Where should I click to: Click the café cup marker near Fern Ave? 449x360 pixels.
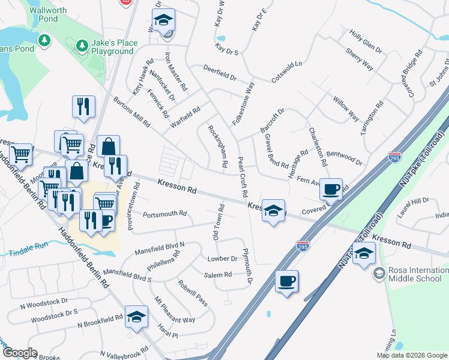331,190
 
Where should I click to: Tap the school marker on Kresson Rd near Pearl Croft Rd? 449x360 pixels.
273,211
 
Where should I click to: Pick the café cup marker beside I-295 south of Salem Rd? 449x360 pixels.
287,281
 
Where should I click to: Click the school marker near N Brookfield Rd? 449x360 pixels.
136,317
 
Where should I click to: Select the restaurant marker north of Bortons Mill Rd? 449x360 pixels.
83,106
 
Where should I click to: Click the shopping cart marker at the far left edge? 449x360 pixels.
20,154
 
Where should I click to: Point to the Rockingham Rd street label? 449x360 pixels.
217,146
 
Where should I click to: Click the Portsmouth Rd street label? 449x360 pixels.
165,214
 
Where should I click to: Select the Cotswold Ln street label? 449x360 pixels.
286,71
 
